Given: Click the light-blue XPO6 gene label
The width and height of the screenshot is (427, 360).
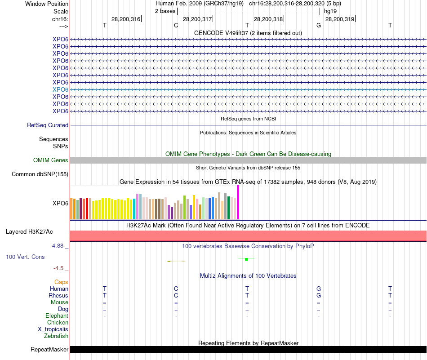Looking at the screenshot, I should click(x=60, y=89).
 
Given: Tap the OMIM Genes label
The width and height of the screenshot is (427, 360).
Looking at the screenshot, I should click(x=51, y=160).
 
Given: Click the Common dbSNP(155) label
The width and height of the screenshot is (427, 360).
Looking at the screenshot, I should click(x=40, y=174).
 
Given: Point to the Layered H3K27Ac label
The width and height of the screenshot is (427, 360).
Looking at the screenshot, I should click(x=29, y=232).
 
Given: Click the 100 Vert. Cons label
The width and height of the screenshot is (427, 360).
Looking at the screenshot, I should click(x=25, y=257).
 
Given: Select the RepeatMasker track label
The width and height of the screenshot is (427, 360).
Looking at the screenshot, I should click(x=49, y=349).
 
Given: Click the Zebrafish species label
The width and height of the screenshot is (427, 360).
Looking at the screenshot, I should click(x=56, y=336).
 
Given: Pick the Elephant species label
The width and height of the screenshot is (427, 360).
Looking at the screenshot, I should click(x=57, y=316).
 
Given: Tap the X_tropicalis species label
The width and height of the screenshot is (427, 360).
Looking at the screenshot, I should click(x=53, y=329).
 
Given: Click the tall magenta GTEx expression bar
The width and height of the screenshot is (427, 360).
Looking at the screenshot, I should click(x=238, y=202).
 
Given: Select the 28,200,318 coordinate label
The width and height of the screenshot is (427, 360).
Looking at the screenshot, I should click(x=268, y=19).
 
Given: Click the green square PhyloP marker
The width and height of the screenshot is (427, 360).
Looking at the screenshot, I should click(x=246, y=259).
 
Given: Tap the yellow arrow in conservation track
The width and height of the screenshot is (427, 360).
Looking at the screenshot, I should click(x=176, y=261).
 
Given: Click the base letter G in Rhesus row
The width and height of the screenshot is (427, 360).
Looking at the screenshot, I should click(x=319, y=295).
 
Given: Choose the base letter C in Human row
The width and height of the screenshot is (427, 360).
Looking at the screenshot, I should click(x=176, y=289).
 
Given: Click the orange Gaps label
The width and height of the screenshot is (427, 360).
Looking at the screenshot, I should click(x=61, y=282).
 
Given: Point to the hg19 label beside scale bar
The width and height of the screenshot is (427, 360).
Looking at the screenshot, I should click(x=330, y=11).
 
